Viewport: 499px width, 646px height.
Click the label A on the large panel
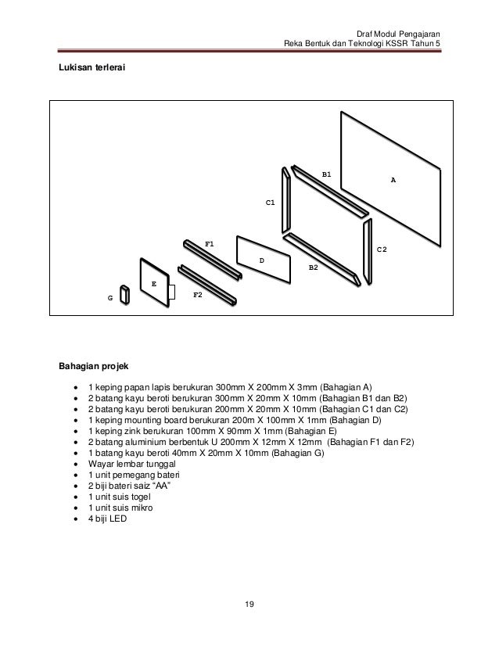[393, 181]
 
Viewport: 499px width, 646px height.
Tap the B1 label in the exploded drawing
[327, 174]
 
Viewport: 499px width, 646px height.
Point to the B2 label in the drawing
[313, 267]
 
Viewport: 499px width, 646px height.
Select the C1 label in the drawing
[270, 203]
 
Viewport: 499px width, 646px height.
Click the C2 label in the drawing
[382, 249]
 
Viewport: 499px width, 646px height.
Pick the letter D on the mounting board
[261, 259]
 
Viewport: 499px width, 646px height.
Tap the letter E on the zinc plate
[154, 284]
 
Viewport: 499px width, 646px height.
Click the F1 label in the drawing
[210, 244]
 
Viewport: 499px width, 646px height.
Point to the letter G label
[110, 298]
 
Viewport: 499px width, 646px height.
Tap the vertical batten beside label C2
[366, 250]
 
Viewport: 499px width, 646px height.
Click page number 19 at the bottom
[249, 604]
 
